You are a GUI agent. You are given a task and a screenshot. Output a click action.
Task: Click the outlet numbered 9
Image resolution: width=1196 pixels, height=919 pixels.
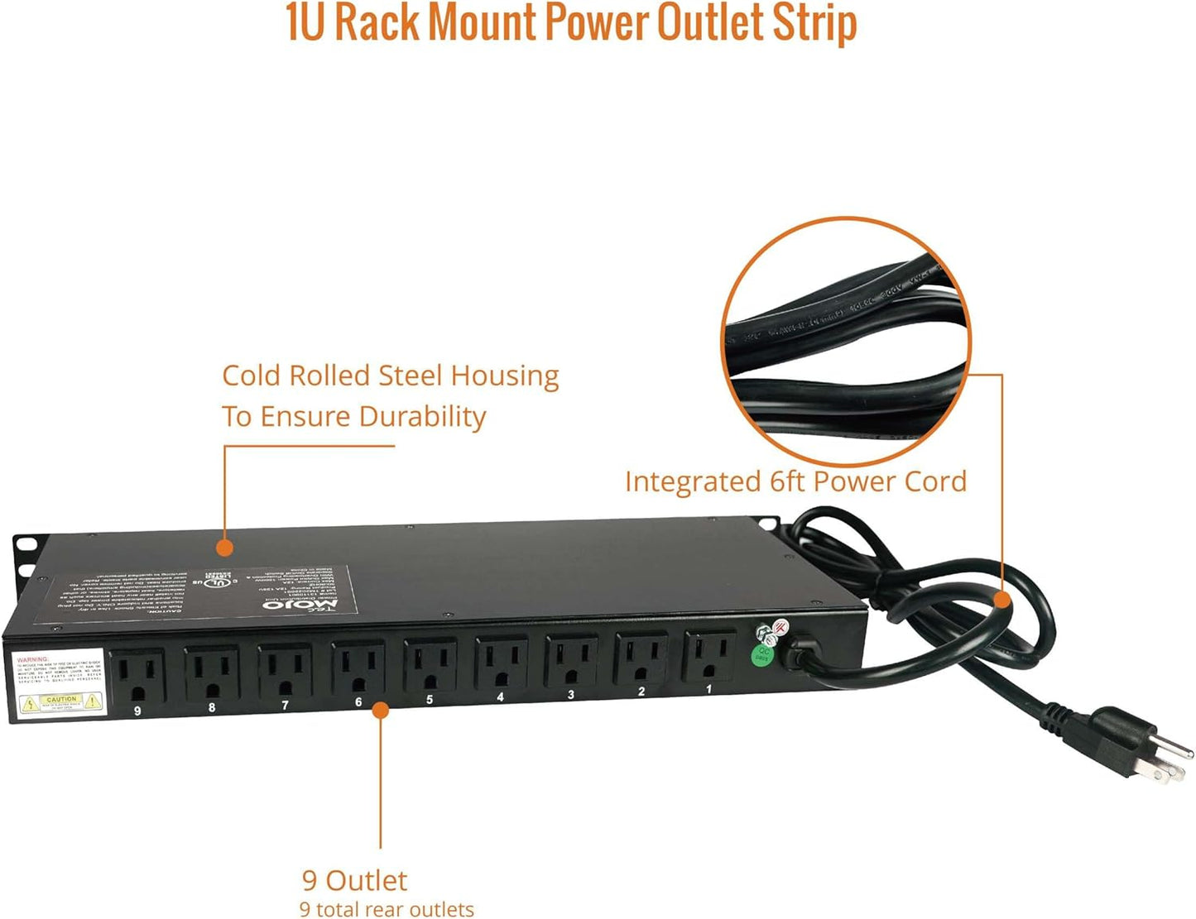click(x=139, y=677)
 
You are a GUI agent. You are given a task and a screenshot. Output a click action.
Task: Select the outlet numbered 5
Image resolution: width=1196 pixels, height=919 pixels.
click(x=430, y=666)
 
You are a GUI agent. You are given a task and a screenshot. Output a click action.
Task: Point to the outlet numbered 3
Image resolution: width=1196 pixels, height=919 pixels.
click(x=571, y=661)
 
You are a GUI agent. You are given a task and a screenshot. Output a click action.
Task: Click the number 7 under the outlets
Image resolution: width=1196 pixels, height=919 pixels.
click(x=285, y=706)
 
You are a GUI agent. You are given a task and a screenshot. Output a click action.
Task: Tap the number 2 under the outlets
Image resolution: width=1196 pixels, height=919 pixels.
click(x=641, y=692)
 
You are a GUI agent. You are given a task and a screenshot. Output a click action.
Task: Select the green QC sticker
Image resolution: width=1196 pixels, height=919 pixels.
click(x=762, y=655)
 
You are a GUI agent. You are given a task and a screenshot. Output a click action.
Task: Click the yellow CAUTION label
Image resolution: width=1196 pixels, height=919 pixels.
click(x=61, y=702)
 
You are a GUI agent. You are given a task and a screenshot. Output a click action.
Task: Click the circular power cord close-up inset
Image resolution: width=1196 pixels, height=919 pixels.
click(x=846, y=341)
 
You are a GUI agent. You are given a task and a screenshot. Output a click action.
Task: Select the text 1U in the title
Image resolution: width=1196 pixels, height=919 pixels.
click(x=305, y=22)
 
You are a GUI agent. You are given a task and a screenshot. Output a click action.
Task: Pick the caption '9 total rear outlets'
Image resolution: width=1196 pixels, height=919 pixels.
click(x=387, y=908)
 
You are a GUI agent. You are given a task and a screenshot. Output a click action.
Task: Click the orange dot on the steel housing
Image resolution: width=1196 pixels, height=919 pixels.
click(x=223, y=547)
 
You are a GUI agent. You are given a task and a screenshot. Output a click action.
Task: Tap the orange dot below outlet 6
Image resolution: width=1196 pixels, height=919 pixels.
click(x=380, y=710)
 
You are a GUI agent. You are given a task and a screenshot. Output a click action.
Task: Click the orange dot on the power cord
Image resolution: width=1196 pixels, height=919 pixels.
click(x=1002, y=599)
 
